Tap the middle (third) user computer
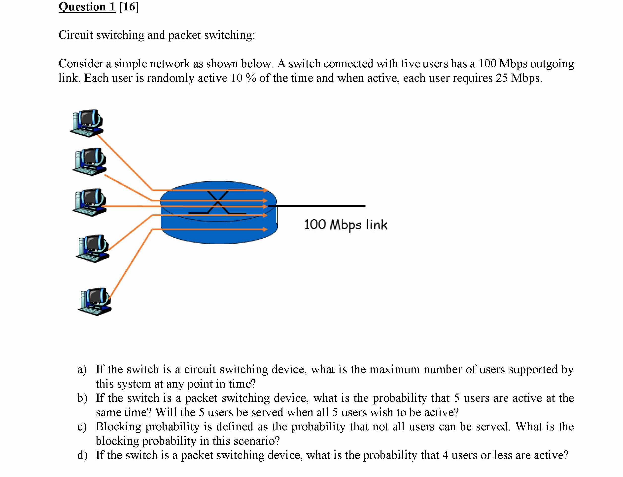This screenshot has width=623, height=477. pyautogui.click(x=90, y=202)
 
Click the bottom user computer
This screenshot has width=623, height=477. pyautogui.click(x=95, y=302)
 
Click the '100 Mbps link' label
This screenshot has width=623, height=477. pyautogui.click(x=345, y=225)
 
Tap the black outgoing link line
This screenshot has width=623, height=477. pyautogui.click(x=318, y=206)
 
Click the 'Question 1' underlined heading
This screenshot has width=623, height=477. pyautogui.click(x=87, y=7)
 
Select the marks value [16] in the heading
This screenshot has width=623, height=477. pyautogui.click(x=129, y=7)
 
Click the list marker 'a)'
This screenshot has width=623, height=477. pyautogui.click(x=82, y=369)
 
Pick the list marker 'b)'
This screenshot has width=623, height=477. pyautogui.click(x=82, y=398)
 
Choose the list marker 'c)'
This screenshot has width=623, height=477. pyautogui.click(x=82, y=427)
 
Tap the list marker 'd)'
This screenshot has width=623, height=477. pyautogui.click(x=82, y=455)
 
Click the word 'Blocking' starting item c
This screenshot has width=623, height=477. pyautogui.click(x=118, y=427)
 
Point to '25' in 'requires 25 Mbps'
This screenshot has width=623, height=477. pyautogui.click(x=502, y=78)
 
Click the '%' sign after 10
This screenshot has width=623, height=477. pyautogui.click(x=251, y=78)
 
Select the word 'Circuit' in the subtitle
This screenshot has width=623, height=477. pyautogui.click(x=76, y=35)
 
